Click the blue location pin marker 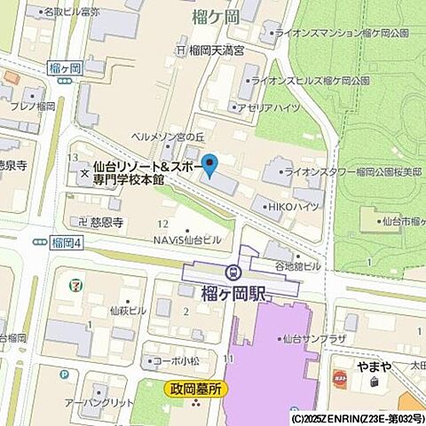(x=209, y=165)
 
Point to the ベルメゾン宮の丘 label (x=167, y=137)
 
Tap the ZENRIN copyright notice (x=356, y=418)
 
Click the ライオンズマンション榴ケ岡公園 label (x=341, y=33)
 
